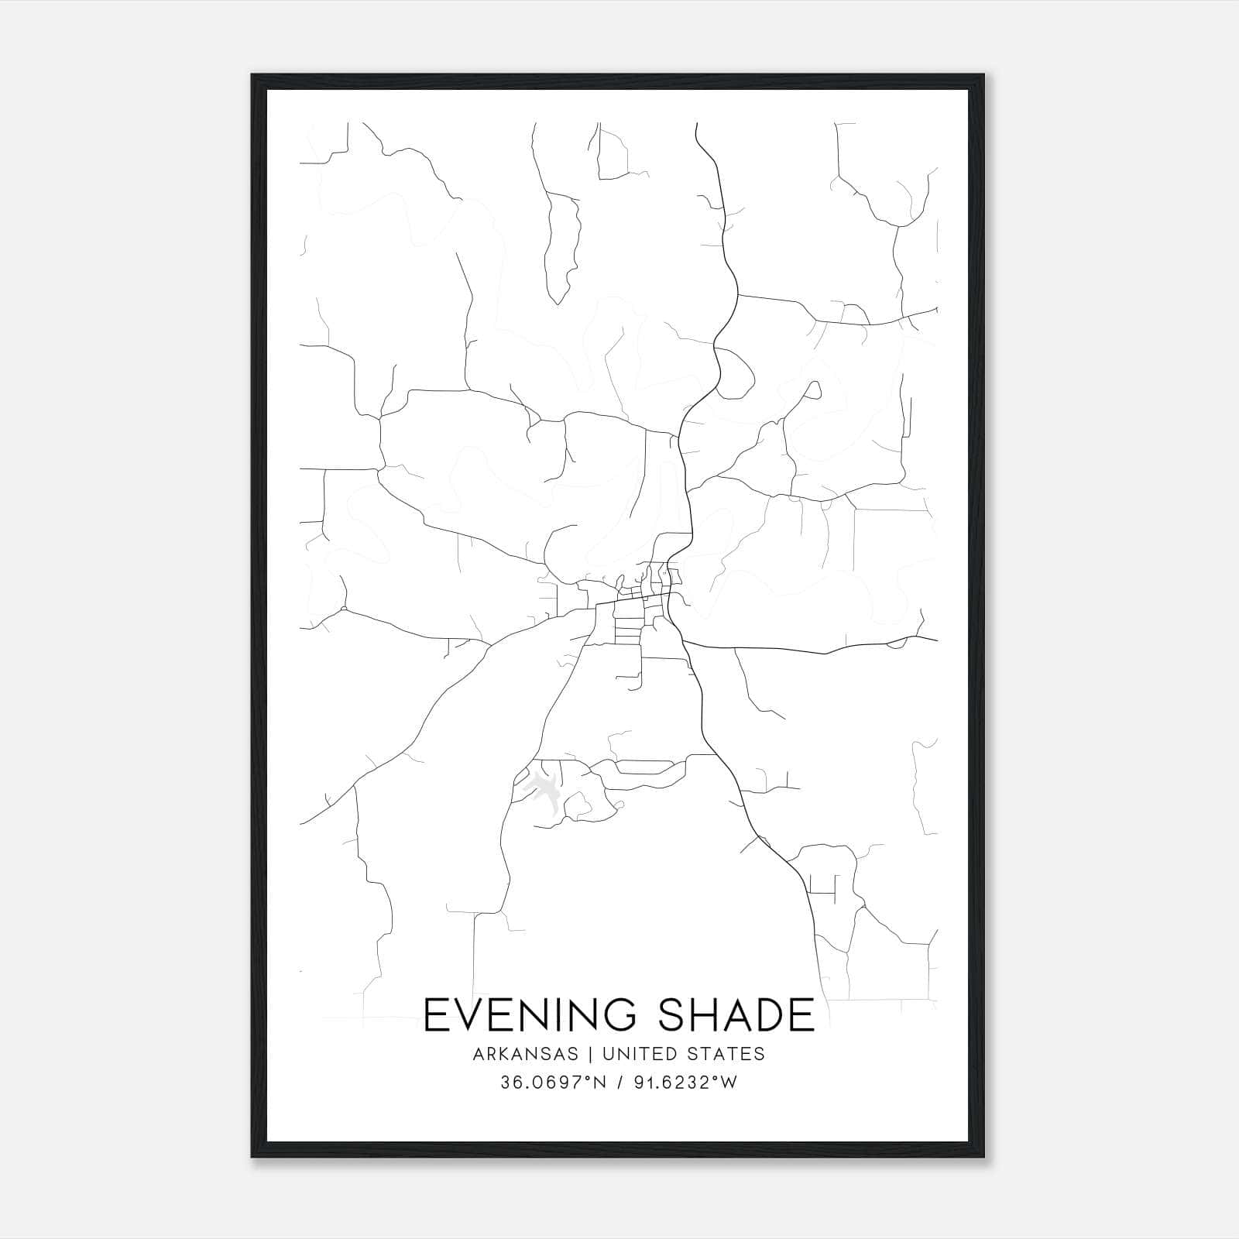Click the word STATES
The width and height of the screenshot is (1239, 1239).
(x=726, y=1054)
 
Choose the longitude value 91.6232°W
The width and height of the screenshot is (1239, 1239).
(x=683, y=1083)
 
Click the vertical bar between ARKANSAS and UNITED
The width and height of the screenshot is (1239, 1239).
(x=590, y=1054)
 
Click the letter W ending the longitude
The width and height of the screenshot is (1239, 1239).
(x=729, y=1083)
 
